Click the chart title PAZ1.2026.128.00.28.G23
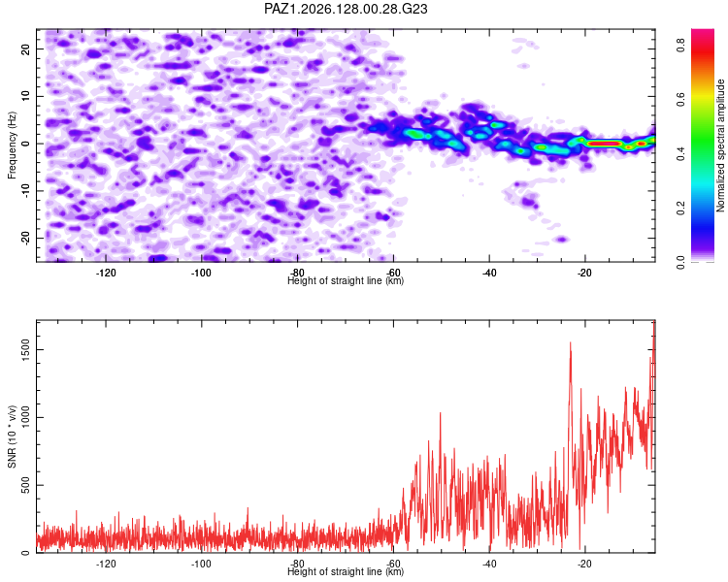pos(346,9)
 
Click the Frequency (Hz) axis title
pos(12,145)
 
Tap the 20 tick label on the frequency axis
pos(26,48)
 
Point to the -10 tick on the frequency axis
pos(26,191)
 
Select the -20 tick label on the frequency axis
pos(26,238)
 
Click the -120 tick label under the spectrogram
pos(106,273)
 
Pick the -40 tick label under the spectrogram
pos(489,273)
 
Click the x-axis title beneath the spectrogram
pos(346,280)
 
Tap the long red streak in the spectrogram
pos(604,144)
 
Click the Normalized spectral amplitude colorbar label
pos(720,145)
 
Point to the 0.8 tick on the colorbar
pos(680,45)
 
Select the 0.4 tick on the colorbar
pos(680,153)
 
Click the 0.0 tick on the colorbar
pos(680,262)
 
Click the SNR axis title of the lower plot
pos(12,436)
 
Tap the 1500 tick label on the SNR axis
pos(26,349)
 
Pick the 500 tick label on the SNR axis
pos(26,485)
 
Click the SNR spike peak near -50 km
pos(440,413)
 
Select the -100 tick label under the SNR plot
pos(201,564)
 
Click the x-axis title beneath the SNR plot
pos(346,571)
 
